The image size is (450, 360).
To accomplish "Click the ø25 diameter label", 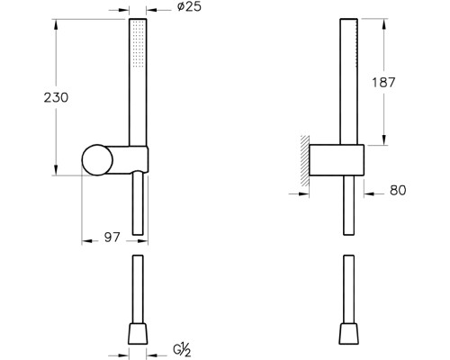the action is pos(189,6).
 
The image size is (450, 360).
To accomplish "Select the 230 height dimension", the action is pos(56,97).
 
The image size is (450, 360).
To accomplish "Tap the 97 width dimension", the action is pos(112,238).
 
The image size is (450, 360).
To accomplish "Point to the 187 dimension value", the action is pos(383,82).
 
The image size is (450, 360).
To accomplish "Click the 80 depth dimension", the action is pos(398,190).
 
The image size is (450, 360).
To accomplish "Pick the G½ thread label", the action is pos(182,350).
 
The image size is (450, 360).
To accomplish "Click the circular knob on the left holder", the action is pos(97,160).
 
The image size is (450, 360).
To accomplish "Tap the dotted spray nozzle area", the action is pos(139,43).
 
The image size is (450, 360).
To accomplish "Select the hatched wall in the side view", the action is pos(305,160).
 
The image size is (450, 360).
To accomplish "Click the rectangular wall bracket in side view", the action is pos(337,160).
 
